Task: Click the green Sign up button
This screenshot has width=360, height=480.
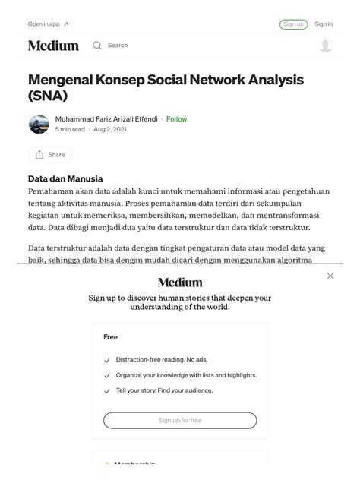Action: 293,24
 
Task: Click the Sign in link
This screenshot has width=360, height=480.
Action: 324,24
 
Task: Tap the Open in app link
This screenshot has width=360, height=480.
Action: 48,24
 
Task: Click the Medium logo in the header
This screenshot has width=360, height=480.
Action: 53,46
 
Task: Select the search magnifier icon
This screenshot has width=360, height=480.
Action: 97,46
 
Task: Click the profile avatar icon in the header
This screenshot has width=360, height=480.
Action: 325,46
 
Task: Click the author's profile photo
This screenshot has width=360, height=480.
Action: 39,125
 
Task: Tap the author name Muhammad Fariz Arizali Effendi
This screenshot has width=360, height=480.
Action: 106,119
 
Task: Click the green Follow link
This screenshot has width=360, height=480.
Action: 177,119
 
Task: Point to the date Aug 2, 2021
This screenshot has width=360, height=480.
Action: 110,130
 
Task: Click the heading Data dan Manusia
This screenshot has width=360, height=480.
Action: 65,178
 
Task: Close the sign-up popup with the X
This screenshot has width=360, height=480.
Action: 330,276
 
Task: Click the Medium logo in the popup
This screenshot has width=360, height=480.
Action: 180,283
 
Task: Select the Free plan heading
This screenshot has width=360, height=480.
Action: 111,336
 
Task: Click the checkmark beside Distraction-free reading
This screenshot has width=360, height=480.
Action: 107,360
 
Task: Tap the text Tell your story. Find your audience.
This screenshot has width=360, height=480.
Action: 164,390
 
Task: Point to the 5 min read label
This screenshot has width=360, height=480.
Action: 70,130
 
